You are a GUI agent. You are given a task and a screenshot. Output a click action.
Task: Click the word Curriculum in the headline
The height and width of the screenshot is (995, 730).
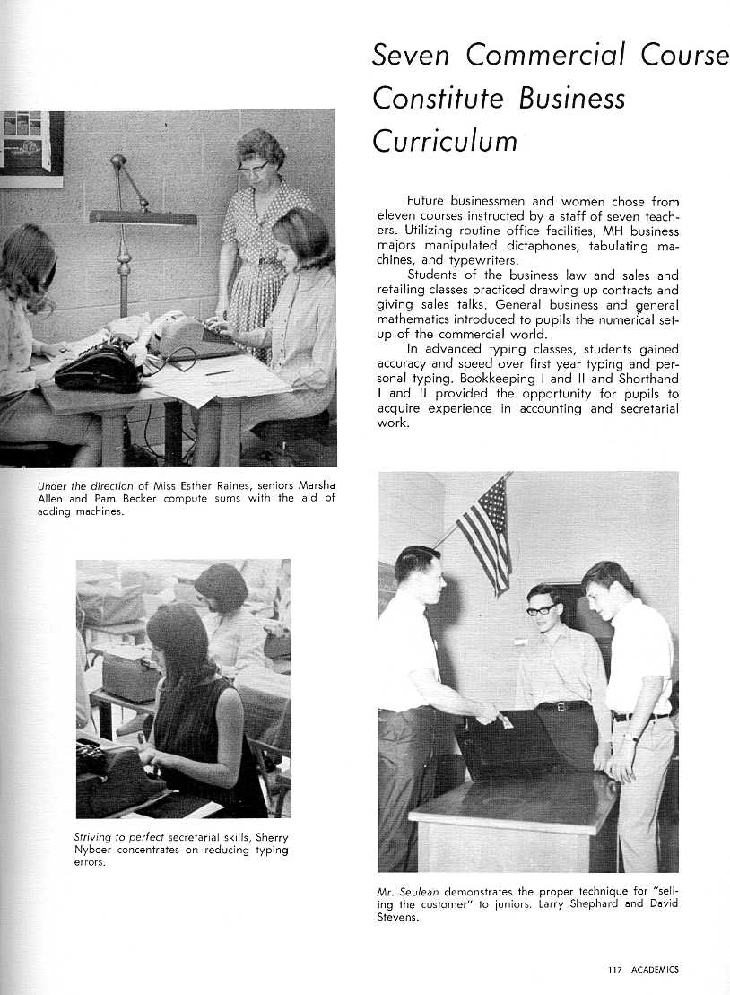pos(445,141)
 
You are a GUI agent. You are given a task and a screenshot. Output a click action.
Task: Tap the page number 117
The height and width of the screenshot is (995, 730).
pos(613,969)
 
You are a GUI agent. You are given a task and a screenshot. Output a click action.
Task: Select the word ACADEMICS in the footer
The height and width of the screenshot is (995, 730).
pos(655,969)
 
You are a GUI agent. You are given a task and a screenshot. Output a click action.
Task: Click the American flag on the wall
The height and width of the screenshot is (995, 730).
pos(487,533)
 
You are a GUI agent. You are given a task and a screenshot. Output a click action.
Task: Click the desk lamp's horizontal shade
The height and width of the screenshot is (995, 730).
pos(143,217)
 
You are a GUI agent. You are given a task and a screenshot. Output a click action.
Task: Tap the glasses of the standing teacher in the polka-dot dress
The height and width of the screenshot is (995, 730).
pos(254,166)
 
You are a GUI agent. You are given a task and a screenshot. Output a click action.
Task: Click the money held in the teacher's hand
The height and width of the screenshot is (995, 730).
pos(505,720)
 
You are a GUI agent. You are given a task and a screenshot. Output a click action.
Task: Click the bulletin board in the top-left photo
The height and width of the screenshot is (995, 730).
pos(31,144)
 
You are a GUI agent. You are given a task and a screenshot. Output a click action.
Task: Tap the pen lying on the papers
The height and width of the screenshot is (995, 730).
pos(219,371)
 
